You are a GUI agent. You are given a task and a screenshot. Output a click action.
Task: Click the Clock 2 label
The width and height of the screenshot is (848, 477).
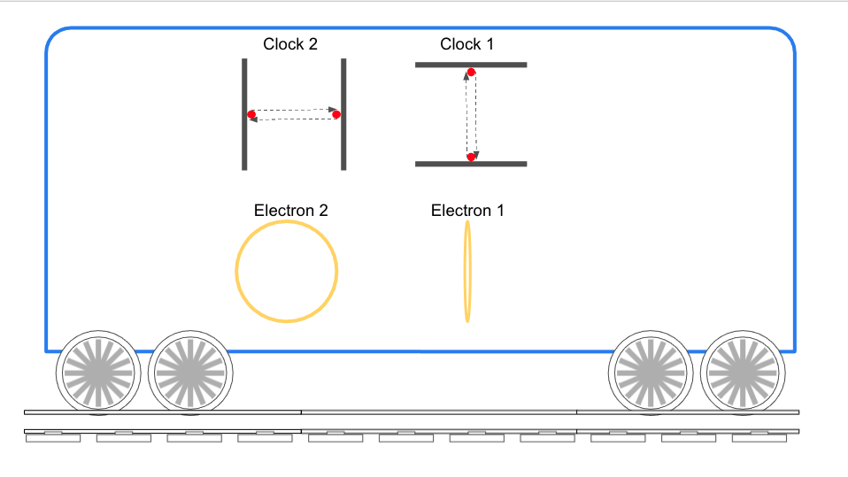[289, 44]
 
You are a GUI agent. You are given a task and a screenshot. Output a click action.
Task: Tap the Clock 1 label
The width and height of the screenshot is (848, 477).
[466, 44]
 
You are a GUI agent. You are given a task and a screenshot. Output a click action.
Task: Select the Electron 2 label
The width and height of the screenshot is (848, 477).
[290, 211]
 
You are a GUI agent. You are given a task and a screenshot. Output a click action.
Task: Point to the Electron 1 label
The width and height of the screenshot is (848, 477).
[467, 211]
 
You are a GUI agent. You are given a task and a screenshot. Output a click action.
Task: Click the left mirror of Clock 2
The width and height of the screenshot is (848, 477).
[244, 114]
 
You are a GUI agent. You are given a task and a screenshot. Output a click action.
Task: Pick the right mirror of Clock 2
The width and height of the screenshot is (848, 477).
[343, 114]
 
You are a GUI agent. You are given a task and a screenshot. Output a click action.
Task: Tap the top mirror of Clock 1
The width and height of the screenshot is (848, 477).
[471, 65]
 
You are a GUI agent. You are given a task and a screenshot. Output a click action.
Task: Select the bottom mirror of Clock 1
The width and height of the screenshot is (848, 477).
[471, 164]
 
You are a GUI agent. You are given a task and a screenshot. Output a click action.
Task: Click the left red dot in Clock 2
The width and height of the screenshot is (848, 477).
[252, 115]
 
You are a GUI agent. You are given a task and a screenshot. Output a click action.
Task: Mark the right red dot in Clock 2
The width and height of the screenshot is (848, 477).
[336, 114]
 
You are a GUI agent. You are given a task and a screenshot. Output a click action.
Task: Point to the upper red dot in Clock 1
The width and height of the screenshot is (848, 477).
[471, 73]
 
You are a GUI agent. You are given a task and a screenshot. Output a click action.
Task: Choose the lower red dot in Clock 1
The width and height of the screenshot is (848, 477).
[471, 157]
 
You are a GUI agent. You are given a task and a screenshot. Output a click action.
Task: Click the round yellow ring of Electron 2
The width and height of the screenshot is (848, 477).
[236, 271]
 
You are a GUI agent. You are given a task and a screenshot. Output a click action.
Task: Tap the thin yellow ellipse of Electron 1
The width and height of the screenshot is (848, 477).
[468, 271]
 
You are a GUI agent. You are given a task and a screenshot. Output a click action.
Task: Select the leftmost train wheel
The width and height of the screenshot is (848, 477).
[97, 373]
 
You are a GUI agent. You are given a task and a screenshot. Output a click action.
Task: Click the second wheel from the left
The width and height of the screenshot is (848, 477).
[189, 373]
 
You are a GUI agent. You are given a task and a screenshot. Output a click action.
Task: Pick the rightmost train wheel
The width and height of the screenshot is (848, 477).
[744, 373]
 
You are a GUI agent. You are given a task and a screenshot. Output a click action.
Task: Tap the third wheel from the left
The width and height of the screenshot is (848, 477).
[651, 373]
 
